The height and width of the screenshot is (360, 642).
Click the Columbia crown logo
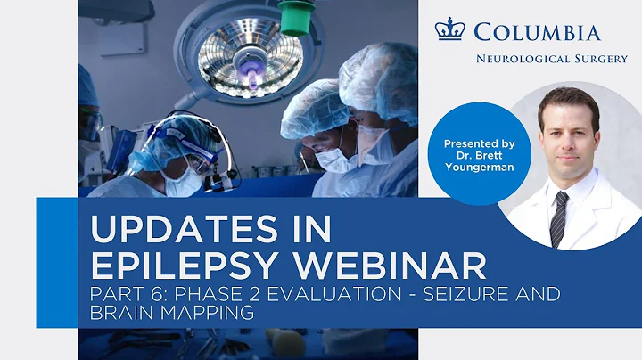click(449, 29)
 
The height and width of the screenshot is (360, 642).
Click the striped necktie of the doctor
click(558, 217)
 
